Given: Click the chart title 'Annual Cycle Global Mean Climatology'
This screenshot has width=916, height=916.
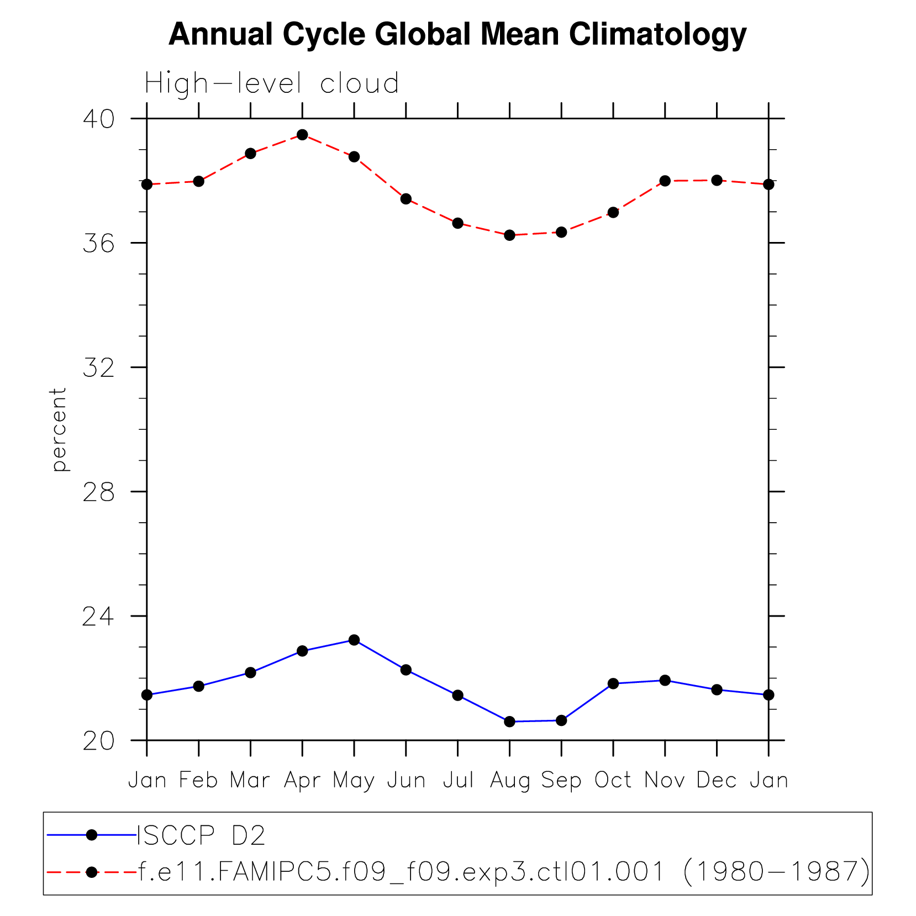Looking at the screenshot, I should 457,34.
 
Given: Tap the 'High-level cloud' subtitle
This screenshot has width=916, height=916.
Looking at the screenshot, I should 271,84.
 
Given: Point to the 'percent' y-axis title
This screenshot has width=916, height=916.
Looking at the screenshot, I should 59,429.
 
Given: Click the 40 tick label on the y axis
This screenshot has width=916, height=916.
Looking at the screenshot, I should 98,119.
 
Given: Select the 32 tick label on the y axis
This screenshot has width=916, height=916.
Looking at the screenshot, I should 98,367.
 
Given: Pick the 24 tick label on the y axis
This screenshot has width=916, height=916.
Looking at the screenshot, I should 98,616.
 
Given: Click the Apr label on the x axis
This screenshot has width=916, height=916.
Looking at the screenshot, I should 302,780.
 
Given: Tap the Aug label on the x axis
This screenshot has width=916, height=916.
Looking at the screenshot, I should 509,780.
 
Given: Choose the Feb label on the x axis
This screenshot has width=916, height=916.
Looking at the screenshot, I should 198,780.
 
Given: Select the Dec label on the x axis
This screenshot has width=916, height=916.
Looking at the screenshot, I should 717,780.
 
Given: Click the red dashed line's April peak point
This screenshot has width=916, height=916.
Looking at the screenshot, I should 302,135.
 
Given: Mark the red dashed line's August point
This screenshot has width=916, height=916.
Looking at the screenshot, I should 509,235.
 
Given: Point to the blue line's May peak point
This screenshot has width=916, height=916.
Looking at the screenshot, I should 354,640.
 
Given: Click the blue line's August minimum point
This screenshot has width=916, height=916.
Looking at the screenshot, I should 509,722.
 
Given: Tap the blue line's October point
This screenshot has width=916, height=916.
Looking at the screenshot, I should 613,683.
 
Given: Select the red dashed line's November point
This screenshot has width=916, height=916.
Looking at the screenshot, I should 665,181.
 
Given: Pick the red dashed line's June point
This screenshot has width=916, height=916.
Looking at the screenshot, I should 406,199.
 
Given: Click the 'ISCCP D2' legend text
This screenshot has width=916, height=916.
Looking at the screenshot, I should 201,836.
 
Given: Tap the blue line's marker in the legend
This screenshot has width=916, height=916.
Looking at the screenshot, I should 92,835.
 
